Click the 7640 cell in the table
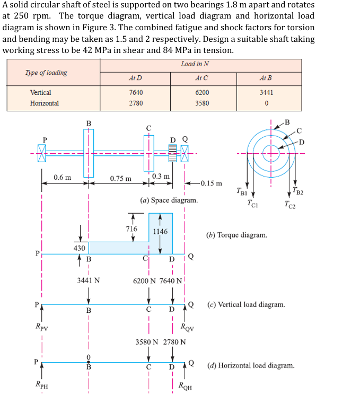[136, 92]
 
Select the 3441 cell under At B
[266, 92]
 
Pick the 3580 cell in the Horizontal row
[202, 103]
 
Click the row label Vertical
[41, 92]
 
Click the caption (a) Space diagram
[169, 200]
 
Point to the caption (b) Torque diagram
[236, 234]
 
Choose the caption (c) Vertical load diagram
[246, 305]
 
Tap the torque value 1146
[160, 232]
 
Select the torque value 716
[131, 229]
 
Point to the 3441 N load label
[89, 280]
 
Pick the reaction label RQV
[187, 327]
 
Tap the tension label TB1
[242, 191]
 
